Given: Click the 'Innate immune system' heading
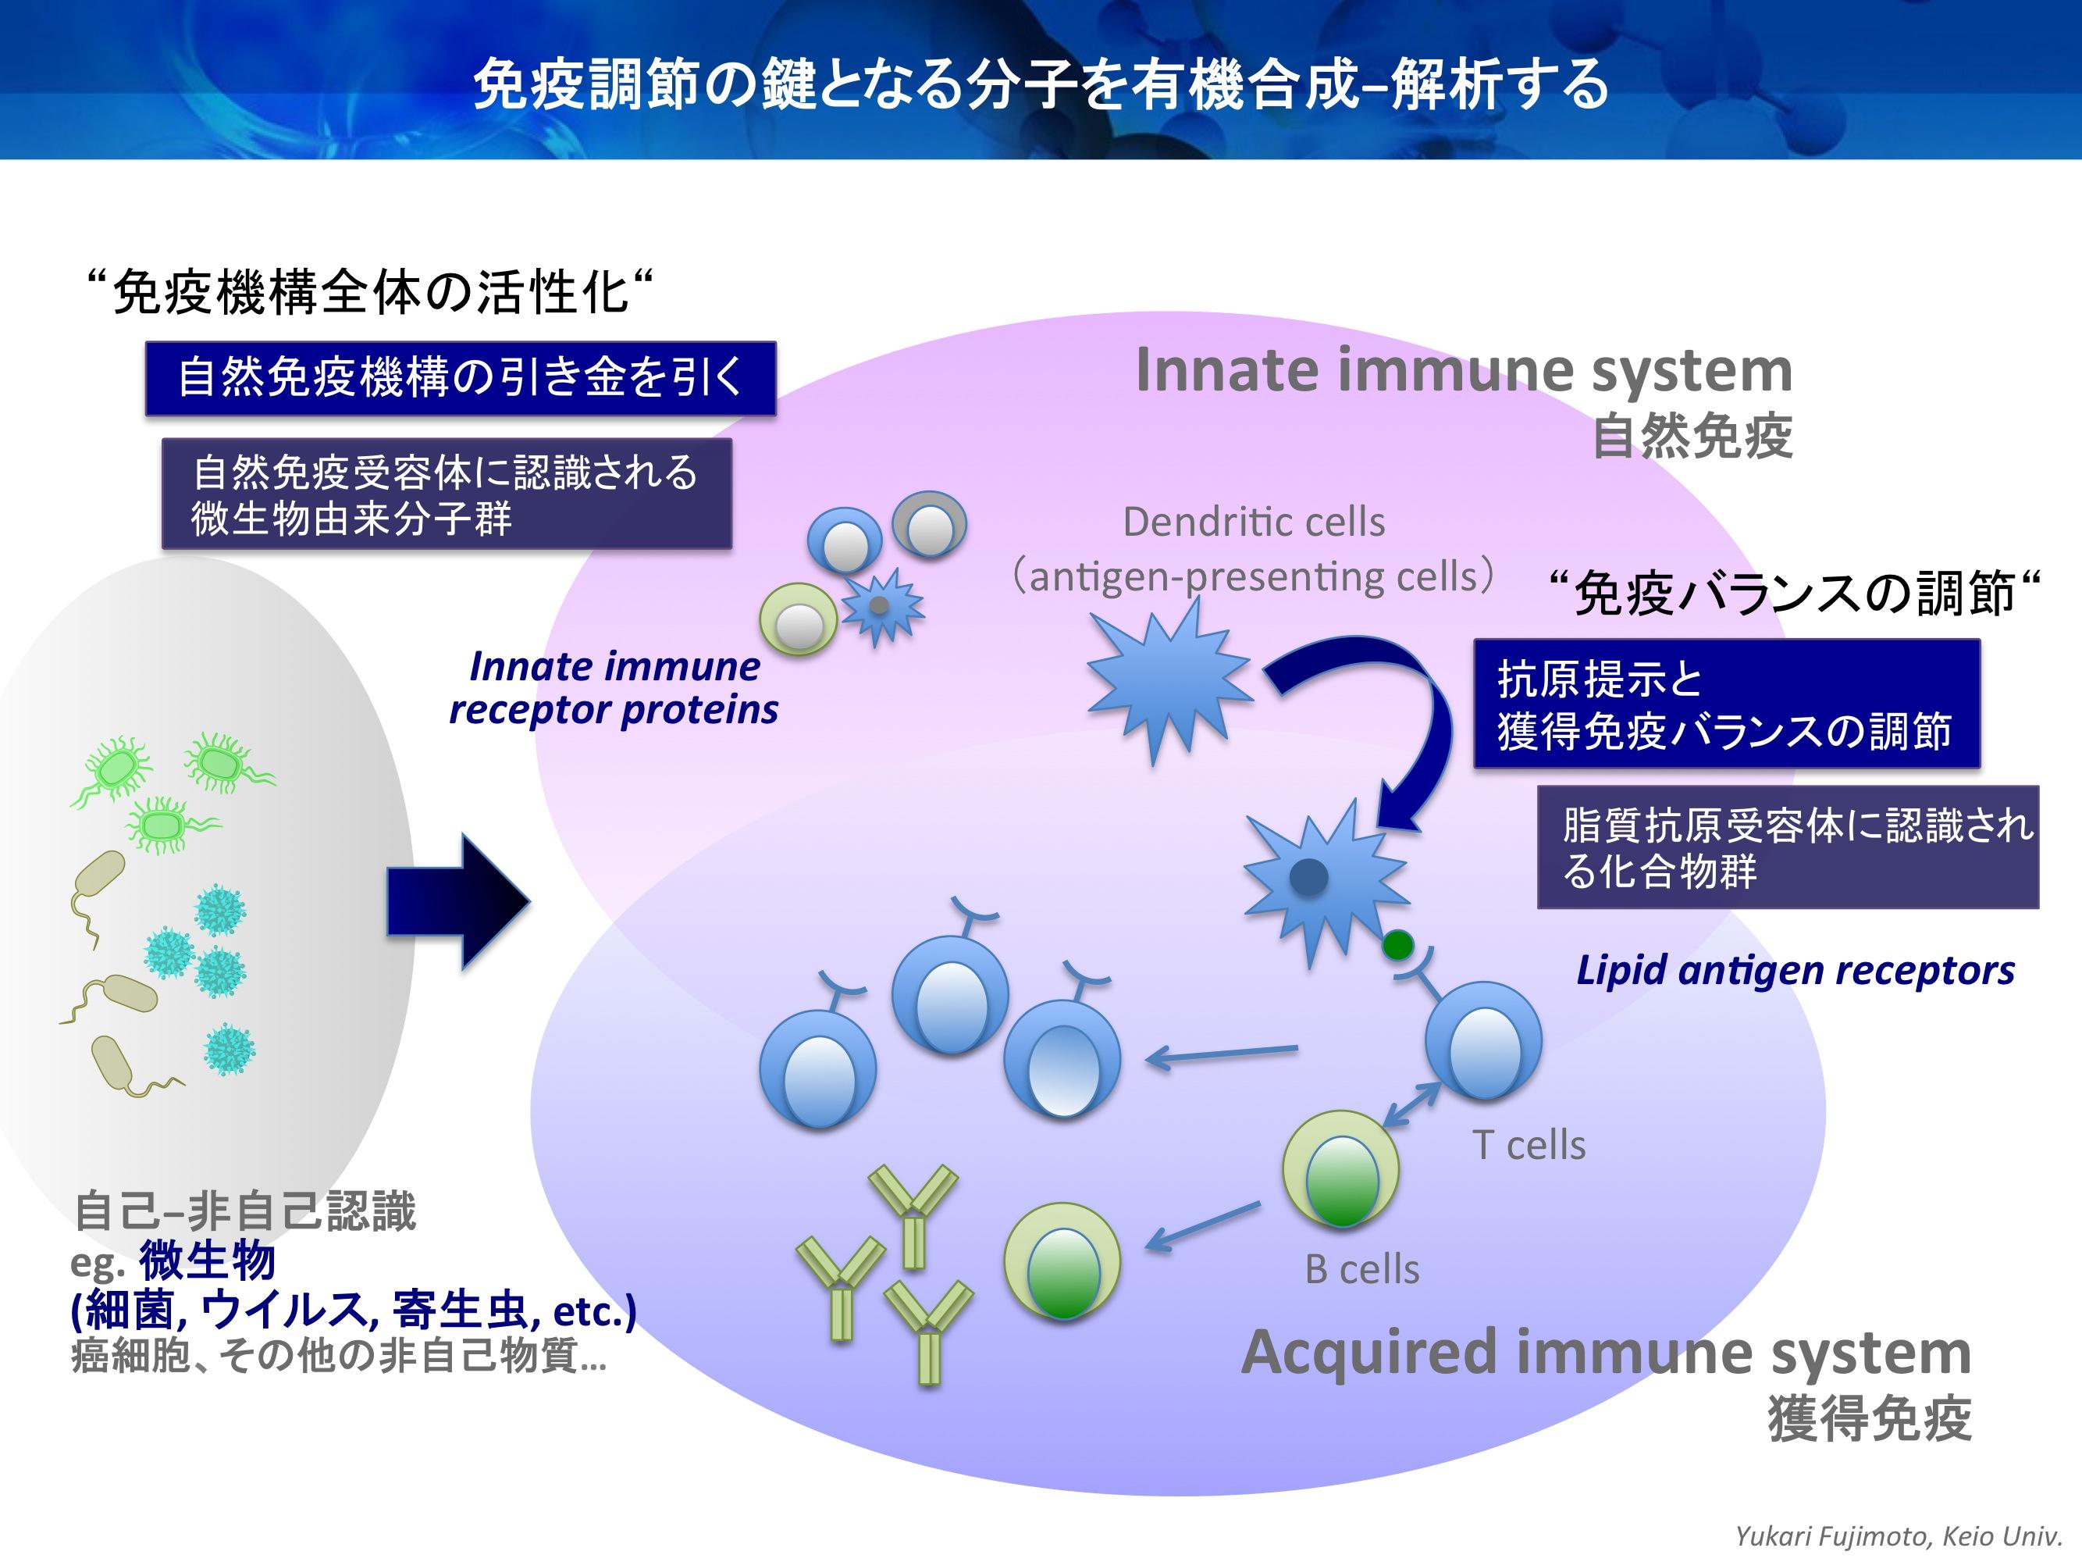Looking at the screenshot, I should coord(1464,370).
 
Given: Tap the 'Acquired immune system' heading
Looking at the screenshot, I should coord(1606,1352).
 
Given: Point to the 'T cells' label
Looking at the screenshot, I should coord(1529,1146).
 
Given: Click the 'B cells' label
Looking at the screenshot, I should coord(1362,1270).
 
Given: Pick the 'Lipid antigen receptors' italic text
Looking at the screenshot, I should coord(1795,970).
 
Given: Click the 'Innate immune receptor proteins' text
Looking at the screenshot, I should coord(614,688).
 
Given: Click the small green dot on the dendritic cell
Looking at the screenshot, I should coord(1397,943).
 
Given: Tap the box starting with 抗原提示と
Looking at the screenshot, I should coord(1726,704).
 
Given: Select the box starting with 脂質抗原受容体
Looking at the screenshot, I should coord(1788,847).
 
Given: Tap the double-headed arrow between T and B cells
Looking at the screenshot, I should coord(1412,1104).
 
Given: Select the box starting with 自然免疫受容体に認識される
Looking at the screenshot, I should coord(447,494).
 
